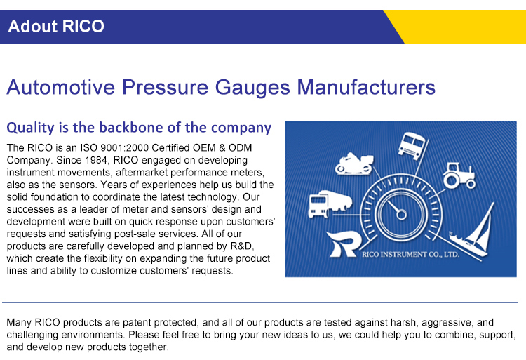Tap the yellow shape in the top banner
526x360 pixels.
point(463,27)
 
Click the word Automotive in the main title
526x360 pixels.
point(60,88)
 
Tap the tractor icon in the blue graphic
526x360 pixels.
point(459,175)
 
